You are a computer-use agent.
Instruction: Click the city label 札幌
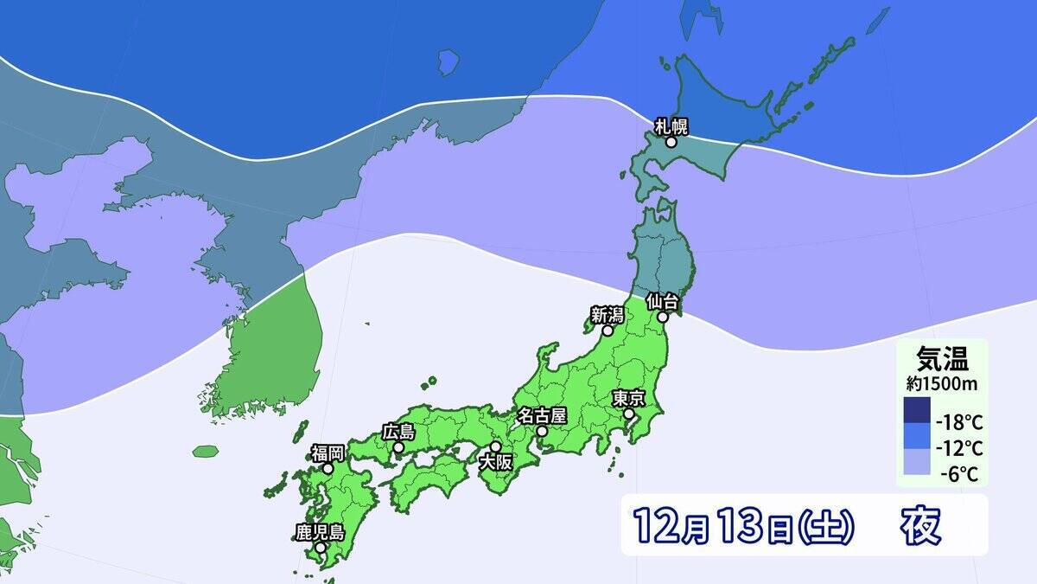click(671, 127)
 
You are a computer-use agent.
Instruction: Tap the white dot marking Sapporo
click(671, 142)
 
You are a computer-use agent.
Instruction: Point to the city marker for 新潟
click(608, 331)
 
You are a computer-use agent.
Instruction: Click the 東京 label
click(628, 399)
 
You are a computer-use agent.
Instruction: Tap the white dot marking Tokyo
click(629, 414)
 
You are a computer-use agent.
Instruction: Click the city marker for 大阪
click(495, 447)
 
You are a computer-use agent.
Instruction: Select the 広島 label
click(398, 432)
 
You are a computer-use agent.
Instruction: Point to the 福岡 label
click(328, 452)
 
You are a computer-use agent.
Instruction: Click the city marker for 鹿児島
click(321, 548)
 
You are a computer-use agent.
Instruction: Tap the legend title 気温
click(941, 356)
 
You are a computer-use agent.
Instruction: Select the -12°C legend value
click(959, 448)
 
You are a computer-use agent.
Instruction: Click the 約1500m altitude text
click(941, 381)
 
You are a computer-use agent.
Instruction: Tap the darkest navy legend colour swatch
click(917, 410)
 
